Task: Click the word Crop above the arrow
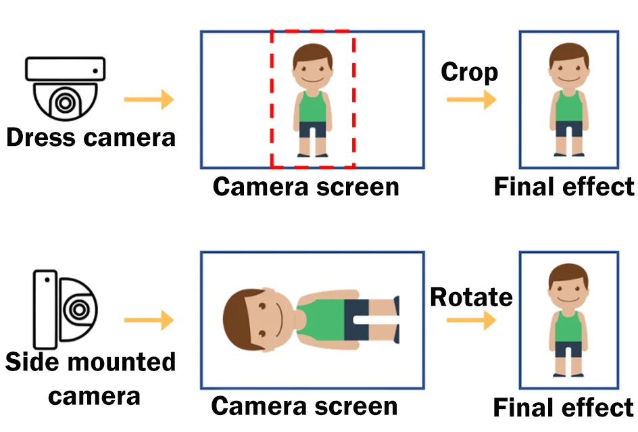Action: click(x=469, y=72)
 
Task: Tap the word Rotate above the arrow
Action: click(x=471, y=297)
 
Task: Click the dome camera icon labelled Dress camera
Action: click(x=66, y=87)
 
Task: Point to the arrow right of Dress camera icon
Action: click(x=149, y=101)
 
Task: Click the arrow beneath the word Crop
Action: click(x=471, y=100)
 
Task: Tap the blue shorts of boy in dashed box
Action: click(x=312, y=129)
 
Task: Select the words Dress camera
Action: click(x=91, y=137)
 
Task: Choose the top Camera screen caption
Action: click(x=305, y=186)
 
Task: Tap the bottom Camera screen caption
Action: click(x=304, y=406)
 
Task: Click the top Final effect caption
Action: click(x=564, y=187)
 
